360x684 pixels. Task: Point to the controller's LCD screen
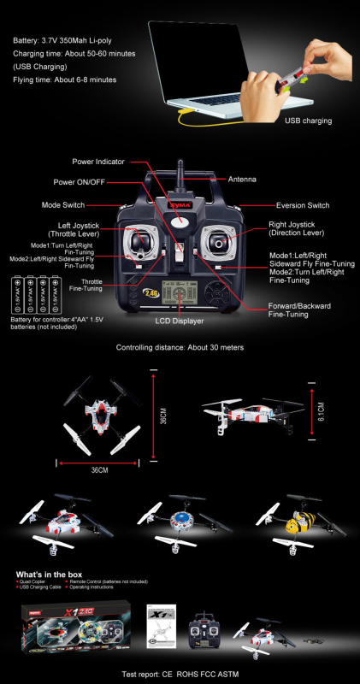[x=180, y=293]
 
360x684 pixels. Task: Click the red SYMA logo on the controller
[x=179, y=206]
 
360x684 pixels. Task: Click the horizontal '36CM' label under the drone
[x=99, y=470]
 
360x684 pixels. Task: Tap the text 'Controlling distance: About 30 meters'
[x=180, y=348]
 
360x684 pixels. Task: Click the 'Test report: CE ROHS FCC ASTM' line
[x=180, y=674]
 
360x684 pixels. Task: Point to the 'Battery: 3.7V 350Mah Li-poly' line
[x=67, y=41]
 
